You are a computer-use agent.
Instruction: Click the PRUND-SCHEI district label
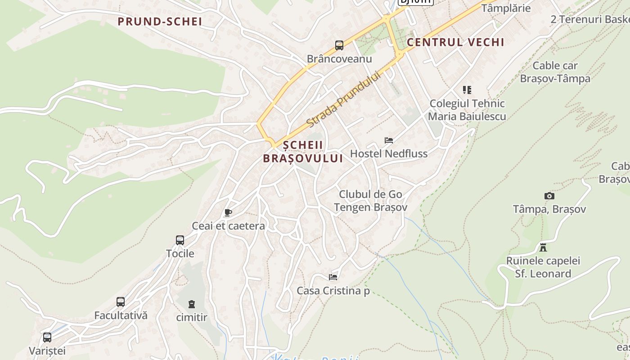[x=160, y=21]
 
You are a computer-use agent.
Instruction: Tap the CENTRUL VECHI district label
[x=455, y=42]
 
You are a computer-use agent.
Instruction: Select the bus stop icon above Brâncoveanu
[x=339, y=45]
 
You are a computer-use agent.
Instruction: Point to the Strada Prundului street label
[x=343, y=99]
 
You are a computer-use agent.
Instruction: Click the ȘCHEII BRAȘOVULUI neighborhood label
[x=303, y=152]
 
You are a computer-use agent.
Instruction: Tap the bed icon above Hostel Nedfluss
[x=389, y=140]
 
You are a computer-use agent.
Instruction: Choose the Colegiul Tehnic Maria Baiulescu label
[x=467, y=110]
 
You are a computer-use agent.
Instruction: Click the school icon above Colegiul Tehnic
[x=467, y=90]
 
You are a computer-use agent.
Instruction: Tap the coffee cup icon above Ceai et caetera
[x=228, y=213]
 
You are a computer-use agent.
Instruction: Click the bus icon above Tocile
[x=180, y=240]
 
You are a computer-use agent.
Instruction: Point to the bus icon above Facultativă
[x=121, y=302]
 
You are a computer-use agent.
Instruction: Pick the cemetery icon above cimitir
[x=192, y=304]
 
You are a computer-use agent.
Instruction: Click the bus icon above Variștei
[x=47, y=337]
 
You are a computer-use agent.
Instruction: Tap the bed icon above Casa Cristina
[x=333, y=277]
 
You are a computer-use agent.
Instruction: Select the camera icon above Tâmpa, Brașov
[x=549, y=196]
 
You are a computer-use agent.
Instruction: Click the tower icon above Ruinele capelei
[x=543, y=247]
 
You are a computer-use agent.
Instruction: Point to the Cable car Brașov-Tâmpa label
[x=555, y=72]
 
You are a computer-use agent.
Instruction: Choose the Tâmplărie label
[x=506, y=8]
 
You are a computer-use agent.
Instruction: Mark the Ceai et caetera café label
[x=228, y=225]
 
